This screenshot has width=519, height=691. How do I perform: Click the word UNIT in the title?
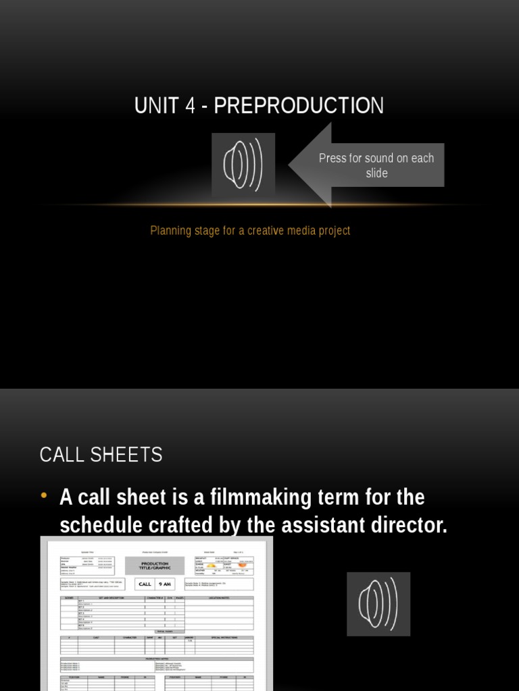pos(154,106)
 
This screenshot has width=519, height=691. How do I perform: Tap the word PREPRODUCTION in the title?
pos(299,106)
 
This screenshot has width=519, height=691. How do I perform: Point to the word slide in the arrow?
pos(376,173)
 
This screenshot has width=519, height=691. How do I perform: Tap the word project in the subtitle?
pos(332,231)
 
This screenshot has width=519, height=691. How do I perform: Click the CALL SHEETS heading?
pos(101,455)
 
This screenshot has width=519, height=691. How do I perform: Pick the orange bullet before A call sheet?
pos(45,496)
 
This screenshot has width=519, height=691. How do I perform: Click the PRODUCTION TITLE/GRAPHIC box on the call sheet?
pos(155,565)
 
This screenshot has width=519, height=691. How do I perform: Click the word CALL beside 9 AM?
pos(145,584)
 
